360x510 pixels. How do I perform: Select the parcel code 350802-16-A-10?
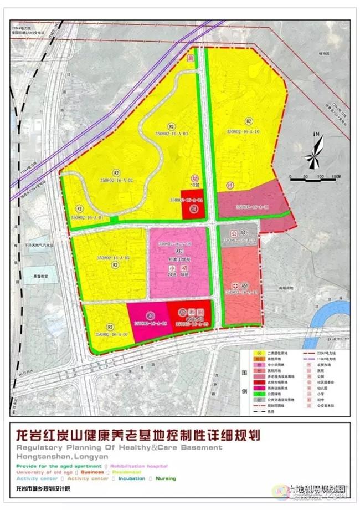point(243,131)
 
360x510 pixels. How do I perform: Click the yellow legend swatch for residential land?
point(258,353)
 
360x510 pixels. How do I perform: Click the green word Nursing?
point(166,478)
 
